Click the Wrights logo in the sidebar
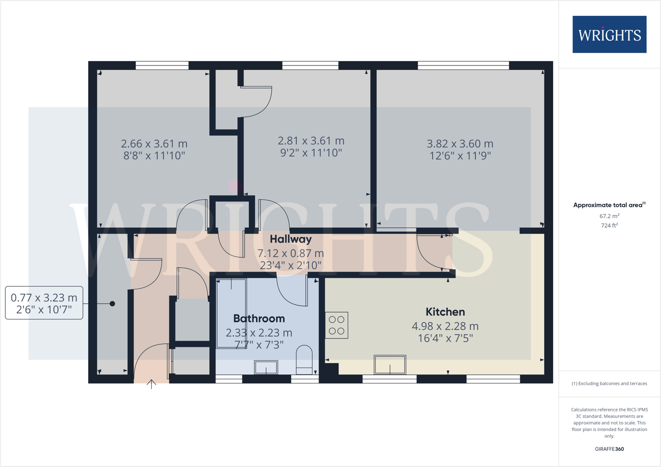609,34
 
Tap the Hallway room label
291,239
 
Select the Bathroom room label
259,318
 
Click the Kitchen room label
445,312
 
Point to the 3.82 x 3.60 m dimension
460,144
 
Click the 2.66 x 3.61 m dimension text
154,144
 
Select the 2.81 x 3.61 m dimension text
311,141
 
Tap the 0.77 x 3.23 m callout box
44,303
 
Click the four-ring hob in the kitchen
337,325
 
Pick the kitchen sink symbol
390,365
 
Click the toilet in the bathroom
304,360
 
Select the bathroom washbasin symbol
266,367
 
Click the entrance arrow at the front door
151,384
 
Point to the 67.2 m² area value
609,216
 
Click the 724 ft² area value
609,225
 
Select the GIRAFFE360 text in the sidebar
609,449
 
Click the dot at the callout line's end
112,304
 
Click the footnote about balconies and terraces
609,383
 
